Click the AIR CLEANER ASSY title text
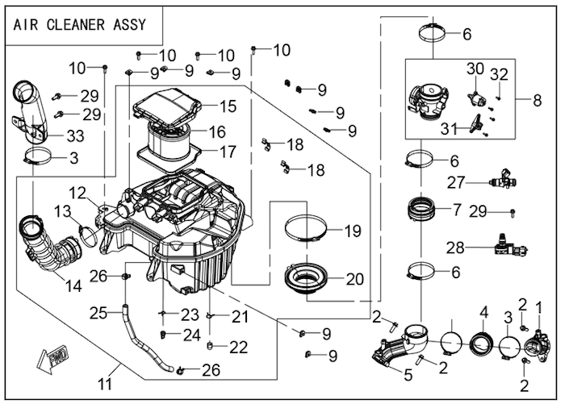coord(80,24)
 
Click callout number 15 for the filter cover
coord(228,106)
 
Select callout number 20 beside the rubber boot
coord(355,280)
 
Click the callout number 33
coord(74,134)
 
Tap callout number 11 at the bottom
coord(106,385)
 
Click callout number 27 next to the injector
coord(456,181)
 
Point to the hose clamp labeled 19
coord(305,229)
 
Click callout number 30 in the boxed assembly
coord(475,69)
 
